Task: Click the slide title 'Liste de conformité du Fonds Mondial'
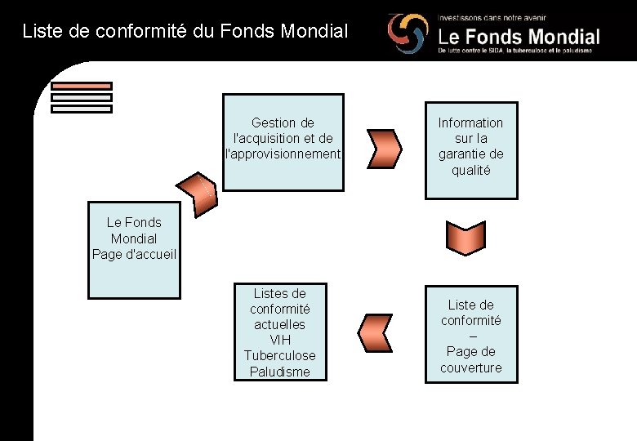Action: point(185,32)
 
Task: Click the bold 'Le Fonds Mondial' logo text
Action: point(519,37)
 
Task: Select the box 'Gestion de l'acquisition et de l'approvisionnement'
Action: point(283,142)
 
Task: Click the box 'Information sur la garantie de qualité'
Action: point(470,147)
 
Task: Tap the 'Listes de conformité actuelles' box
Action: point(279,332)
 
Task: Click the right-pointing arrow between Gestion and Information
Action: point(385,147)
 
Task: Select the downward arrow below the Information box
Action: point(465,238)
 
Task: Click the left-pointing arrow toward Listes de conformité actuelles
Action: point(376,332)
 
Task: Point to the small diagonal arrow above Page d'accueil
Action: point(203,189)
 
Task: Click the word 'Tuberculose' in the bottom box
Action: point(279,355)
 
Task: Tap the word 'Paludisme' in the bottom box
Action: point(279,372)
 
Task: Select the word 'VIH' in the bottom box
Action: point(279,340)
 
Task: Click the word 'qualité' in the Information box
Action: point(470,170)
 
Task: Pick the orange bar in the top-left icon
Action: point(81,86)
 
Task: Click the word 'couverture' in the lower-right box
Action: point(471,367)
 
